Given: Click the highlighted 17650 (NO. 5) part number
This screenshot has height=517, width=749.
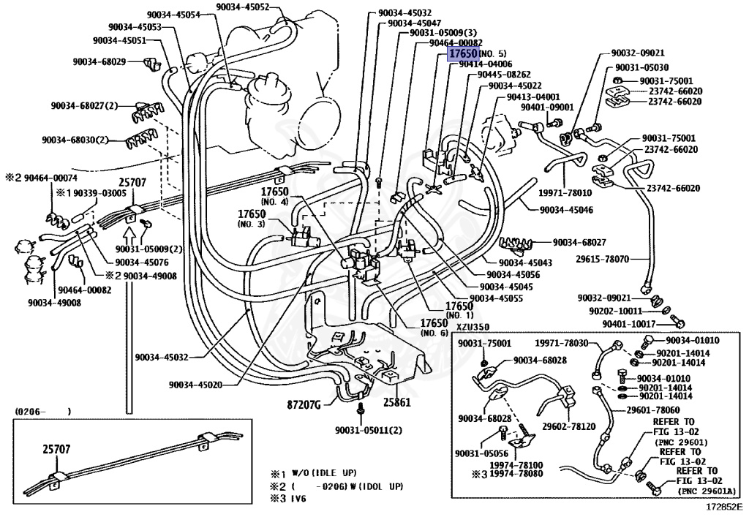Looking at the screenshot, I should click(x=464, y=54).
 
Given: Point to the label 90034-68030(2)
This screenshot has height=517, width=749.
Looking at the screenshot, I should click(x=75, y=140).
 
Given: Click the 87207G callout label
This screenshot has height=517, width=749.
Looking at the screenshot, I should click(x=303, y=403).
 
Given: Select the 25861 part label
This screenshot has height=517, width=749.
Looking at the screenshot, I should click(x=396, y=402).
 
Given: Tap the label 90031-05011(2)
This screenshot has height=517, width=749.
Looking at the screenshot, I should click(x=369, y=430).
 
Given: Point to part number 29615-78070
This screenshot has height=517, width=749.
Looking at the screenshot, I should click(x=605, y=259).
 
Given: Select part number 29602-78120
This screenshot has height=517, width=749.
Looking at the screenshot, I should click(x=568, y=426).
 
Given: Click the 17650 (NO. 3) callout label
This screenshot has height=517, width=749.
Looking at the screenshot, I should click(x=251, y=217).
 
